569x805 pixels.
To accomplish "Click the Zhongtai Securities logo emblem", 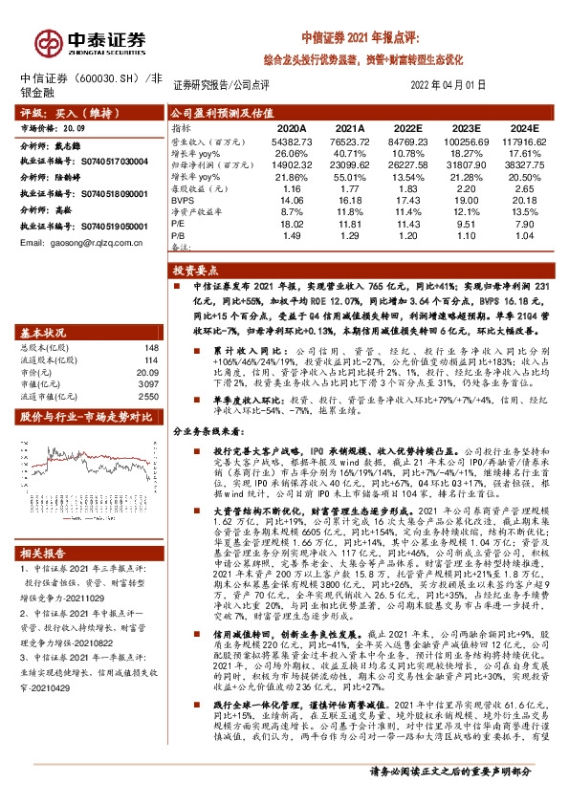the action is coord(46,40).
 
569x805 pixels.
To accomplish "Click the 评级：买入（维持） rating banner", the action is coord(57,112).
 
